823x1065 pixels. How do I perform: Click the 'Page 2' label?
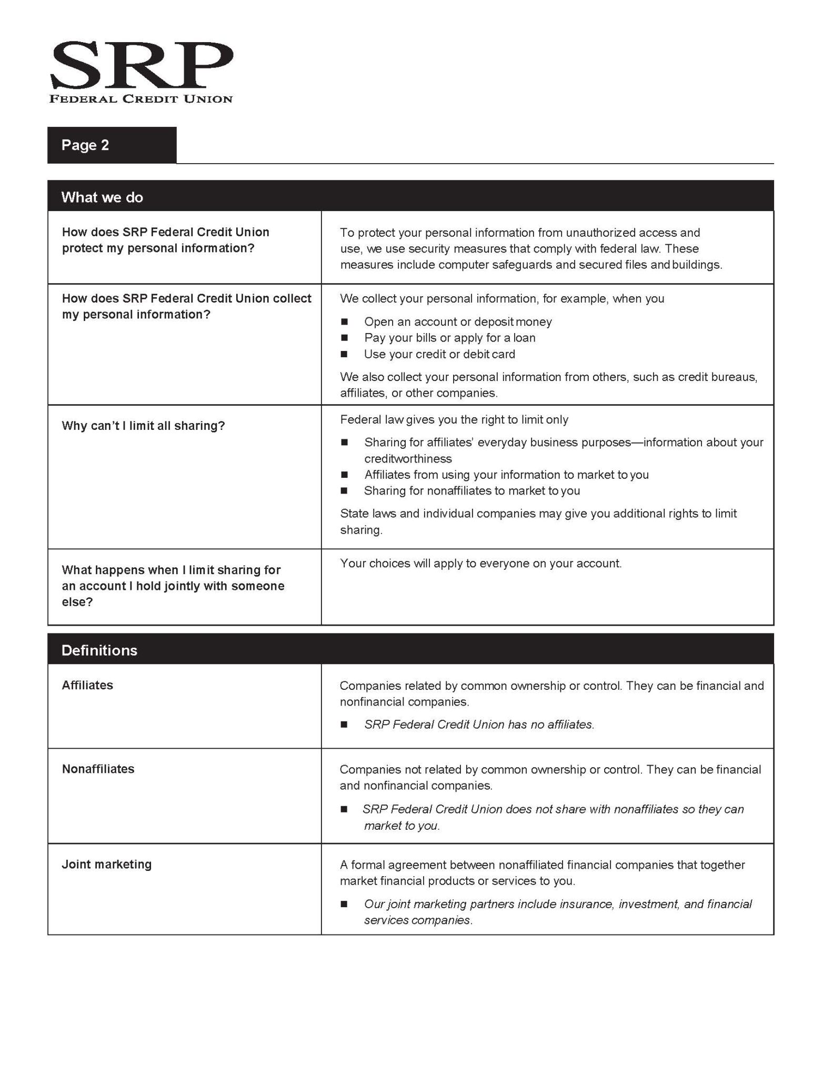85,145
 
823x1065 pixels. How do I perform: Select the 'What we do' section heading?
102,197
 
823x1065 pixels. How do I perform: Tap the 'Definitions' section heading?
99,650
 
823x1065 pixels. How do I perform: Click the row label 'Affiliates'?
87,685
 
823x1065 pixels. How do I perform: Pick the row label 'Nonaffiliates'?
98,769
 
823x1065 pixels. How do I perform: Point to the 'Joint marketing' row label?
106,864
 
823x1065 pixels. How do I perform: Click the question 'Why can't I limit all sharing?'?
143,426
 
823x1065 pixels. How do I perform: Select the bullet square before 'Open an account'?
345,322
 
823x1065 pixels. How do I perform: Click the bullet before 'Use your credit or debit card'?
345,354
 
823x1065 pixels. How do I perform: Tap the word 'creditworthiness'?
408,458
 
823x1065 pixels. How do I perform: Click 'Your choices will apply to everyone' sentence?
480,564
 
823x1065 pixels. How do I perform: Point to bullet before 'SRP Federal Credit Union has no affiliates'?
345,725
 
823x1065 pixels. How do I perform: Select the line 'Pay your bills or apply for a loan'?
449,338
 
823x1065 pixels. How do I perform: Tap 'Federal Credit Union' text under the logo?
141,99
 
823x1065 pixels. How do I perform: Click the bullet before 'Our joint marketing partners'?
345,904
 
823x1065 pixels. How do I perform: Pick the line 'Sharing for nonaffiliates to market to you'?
471,491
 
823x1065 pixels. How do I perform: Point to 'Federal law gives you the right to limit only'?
454,420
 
